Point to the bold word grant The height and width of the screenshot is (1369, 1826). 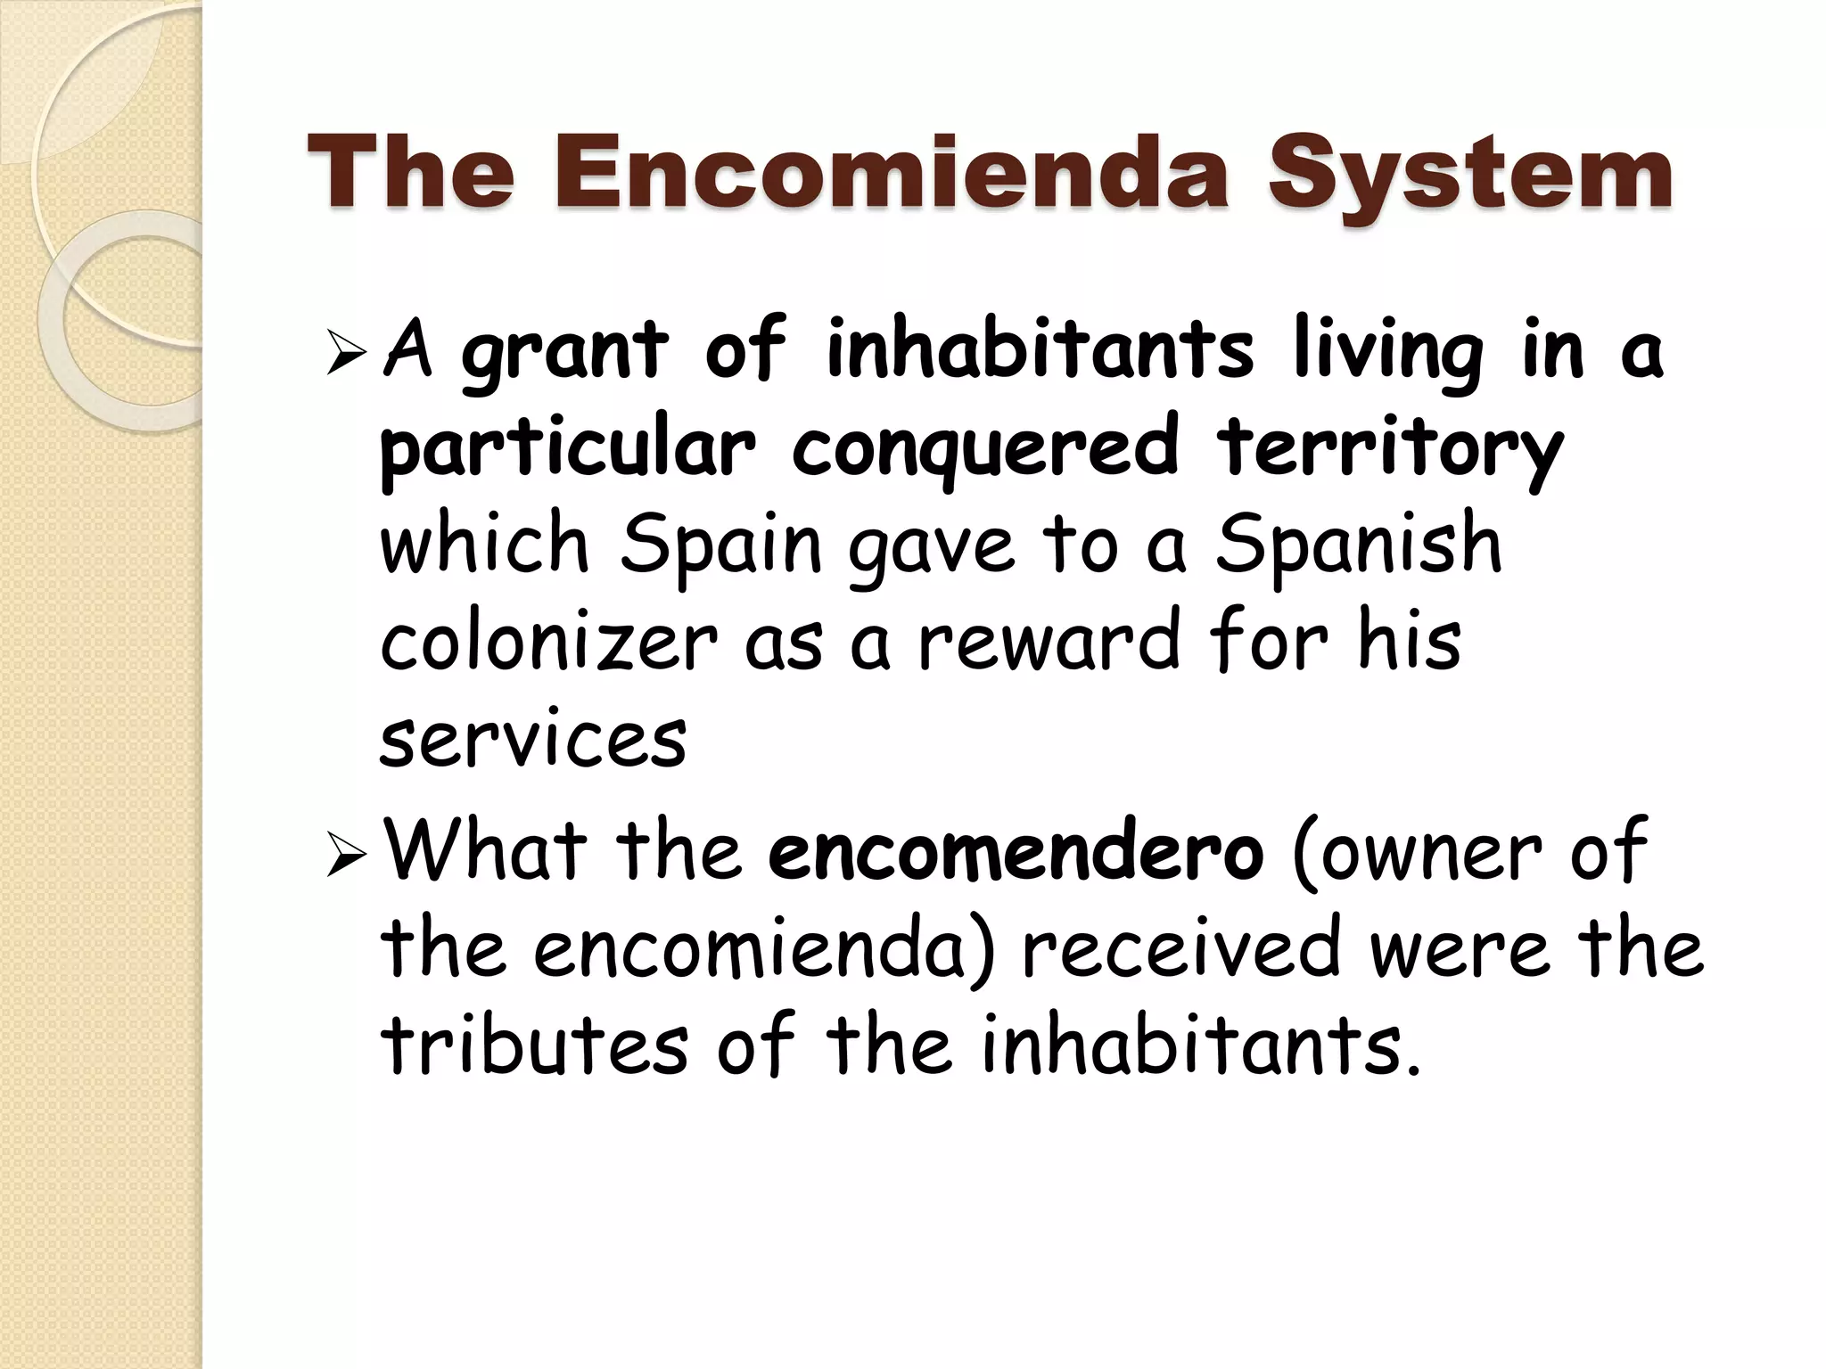563,354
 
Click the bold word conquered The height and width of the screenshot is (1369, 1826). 984,450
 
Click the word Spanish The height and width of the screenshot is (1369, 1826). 1359,545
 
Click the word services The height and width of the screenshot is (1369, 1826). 533,740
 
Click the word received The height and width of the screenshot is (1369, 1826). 1180,949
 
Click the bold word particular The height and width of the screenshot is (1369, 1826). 568,450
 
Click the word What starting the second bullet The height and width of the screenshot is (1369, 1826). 486,851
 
